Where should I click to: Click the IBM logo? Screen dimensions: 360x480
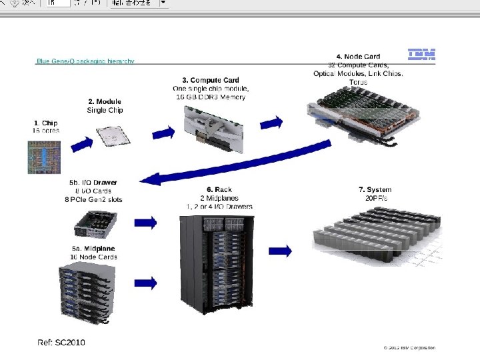pos(421,55)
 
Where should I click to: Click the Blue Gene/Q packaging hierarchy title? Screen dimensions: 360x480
pos(85,61)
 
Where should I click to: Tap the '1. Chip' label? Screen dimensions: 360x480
pos(45,123)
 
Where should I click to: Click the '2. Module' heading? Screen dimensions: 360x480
pos(105,101)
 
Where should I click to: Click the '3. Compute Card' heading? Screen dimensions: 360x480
pos(210,80)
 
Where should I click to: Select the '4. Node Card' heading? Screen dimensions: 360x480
pos(358,57)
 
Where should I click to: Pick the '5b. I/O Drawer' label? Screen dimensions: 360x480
pos(93,182)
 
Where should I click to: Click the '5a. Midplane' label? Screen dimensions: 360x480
pos(94,249)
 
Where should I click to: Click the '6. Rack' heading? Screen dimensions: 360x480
pos(219,190)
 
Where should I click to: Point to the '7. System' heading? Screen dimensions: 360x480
pos(375,190)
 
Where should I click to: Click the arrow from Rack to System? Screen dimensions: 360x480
pos(280,251)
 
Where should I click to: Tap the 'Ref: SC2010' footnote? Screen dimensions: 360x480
pos(61,342)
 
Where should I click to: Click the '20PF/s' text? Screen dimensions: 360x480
pos(376,198)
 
